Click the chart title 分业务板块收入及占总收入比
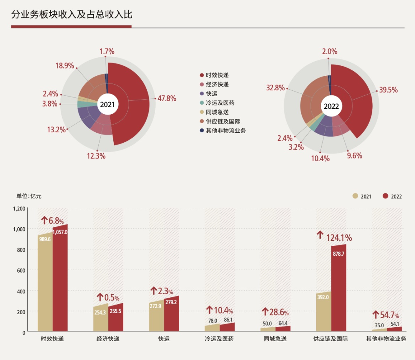(x=71, y=15)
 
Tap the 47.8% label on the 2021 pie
(x=167, y=98)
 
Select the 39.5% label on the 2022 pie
(x=388, y=90)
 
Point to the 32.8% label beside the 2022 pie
(x=276, y=88)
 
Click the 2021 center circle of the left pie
(x=107, y=105)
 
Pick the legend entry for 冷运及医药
(x=220, y=103)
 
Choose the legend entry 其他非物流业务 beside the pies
(x=226, y=130)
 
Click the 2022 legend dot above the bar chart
(x=385, y=196)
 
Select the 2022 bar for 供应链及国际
(x=339, y=288)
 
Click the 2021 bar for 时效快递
(x=45, y=283)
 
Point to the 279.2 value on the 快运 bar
(x=171, y=302)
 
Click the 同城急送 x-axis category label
(x=275, y=339)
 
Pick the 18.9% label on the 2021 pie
(x=65, y=66)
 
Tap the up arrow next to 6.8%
(x=45, y=220)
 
